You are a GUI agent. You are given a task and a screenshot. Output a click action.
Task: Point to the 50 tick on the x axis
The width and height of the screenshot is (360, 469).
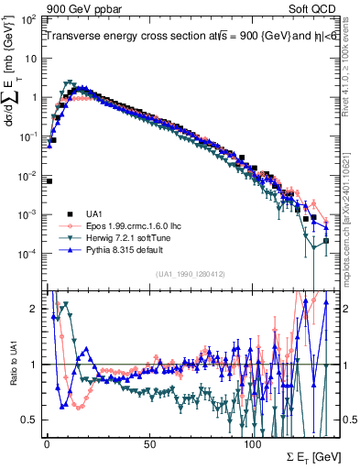pos(149,442)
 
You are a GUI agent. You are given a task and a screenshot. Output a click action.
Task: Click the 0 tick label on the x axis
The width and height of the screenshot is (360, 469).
pos(47,442)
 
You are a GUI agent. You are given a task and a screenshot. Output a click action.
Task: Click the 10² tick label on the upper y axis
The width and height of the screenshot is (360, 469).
pos(30,19)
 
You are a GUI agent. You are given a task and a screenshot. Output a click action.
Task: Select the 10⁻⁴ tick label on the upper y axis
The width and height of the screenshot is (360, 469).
pos(28,254)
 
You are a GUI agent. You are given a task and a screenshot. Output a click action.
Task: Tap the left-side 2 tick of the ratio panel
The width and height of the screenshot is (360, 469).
pos(34,309)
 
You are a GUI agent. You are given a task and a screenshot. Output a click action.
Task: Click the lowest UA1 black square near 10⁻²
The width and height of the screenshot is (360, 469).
pos(48,180)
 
